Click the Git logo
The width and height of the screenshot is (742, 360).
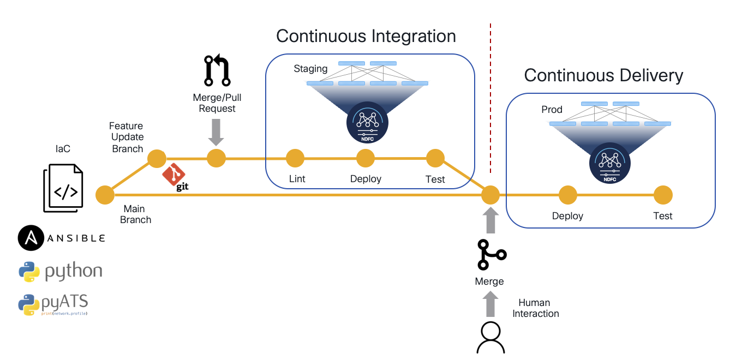click(x=175, y=177)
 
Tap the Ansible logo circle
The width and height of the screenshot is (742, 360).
click(x=31, y=238)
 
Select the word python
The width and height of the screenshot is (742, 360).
click(x=74, y=272)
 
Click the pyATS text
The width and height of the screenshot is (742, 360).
click(x=64, y=302)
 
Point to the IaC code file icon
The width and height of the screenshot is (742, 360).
click(x=63, y=188)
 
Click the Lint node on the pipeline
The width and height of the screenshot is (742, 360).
click(x=295, y=158)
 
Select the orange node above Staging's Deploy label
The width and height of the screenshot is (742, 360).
click(x=366, y=158)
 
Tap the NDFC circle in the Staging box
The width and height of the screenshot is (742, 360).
click(x=367, y=123)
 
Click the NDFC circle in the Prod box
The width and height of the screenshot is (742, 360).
click(x=610, y=163)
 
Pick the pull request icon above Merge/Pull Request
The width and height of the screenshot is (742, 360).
click(x=217, y=70)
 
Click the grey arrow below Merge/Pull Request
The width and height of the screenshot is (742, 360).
click(x=216, y=133)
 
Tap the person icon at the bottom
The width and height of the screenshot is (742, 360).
click(x=490, y=338)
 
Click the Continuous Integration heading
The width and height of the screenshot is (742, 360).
click(x=366, y=36)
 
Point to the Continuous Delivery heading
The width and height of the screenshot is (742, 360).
click(x=603, y=75)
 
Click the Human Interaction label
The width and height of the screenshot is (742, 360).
click(x=536, y=308)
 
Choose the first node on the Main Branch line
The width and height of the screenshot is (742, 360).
click(x=105, y=195)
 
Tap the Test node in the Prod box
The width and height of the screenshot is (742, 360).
click(x=663, y=195)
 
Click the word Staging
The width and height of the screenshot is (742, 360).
click(x=310, y=69)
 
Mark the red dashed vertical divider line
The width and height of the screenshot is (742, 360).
click(x=490, y=98)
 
